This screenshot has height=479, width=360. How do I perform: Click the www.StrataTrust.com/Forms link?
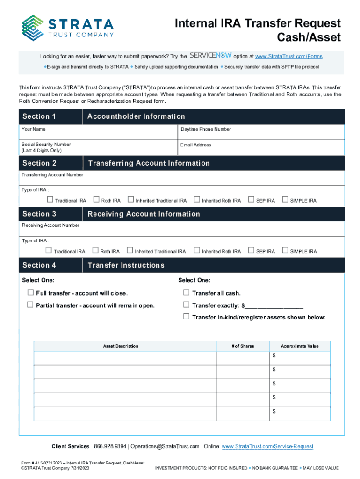click(x=288, y=57)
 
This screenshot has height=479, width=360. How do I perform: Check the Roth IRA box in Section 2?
click(x=97, y=200)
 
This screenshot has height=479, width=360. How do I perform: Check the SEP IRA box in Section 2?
click(x=252, y=200)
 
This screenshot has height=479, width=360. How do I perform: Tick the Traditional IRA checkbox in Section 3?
click(x=50, y=251)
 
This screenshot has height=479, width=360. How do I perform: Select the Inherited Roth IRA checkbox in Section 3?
click(x=197, y=251)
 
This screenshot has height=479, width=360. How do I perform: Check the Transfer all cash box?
click(x=187, y=293)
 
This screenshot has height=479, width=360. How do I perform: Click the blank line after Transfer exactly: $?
click(x=274, y=306)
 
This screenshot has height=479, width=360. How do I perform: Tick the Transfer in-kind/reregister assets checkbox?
click(x=187, y=317)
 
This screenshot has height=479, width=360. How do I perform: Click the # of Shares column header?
click(x=243, y=346)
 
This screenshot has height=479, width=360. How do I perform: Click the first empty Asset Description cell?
click(x=125, y=358)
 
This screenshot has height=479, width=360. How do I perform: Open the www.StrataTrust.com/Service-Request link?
click(x=267, y=446)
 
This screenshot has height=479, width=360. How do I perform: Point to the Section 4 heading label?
click(x=39, y=265)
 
